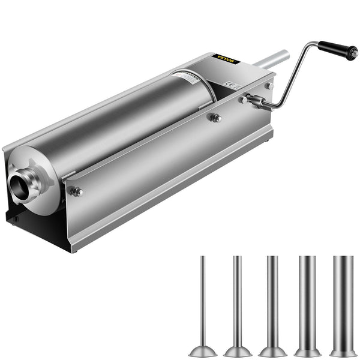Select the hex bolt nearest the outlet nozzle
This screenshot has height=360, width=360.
(76, 192)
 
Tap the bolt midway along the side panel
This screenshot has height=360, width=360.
(214, 118)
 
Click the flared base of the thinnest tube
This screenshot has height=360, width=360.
(202, 349)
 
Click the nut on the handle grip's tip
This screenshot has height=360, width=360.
(355, 52)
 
